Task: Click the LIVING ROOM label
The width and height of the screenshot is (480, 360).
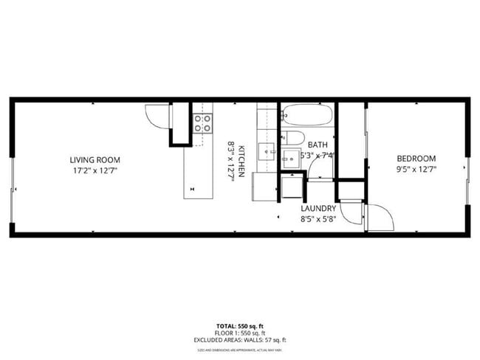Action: (95, 159)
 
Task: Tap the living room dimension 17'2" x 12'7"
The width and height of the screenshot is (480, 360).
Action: (95, 170)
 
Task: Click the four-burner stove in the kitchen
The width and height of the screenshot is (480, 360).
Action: (202, 122)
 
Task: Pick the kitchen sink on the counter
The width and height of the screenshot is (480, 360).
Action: (266, 150)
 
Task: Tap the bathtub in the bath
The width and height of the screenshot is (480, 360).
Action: (306, 114)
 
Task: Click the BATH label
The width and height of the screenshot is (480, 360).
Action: (318, 145)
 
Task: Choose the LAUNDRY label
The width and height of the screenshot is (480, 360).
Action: (318, 209)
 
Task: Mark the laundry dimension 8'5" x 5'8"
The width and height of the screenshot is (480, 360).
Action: (318, 219)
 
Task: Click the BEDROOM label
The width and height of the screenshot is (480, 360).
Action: (416, 159)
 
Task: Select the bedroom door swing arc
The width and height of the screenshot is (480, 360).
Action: (378, 216)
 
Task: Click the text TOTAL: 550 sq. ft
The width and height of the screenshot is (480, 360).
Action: (241, 325)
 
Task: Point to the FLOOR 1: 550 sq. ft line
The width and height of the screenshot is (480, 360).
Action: (241, 333)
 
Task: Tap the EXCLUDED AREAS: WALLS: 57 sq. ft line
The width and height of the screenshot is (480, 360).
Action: (241, 340)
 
